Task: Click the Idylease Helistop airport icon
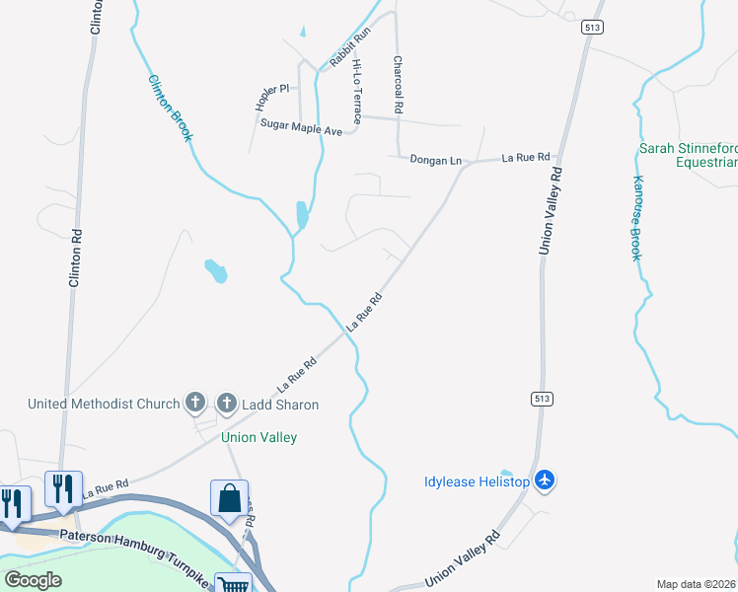click(545, 481)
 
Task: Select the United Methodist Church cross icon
click(195, 403)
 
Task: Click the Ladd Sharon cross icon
click(227, 403)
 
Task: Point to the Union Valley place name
click(259, 437)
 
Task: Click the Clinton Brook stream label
click(169, 109)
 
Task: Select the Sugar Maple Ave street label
click(301, 126)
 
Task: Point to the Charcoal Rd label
click(399, 84)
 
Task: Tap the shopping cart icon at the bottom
click(234, 585)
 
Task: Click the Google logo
click(33, 579)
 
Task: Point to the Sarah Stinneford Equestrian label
click(688, 155)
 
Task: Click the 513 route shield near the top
click(591, 28)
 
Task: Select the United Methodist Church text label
click(104, 404)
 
